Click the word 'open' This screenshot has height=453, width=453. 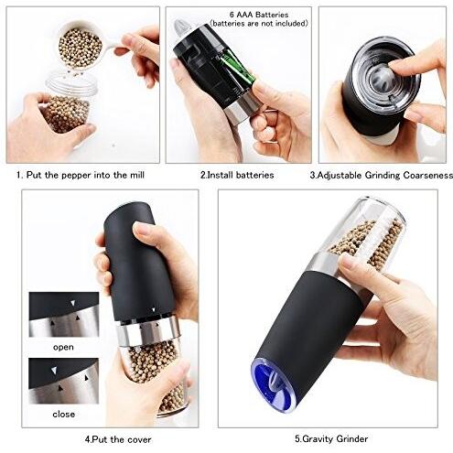[64, 347]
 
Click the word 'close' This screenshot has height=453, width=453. [64, 413]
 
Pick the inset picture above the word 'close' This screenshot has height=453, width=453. [63, 381]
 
